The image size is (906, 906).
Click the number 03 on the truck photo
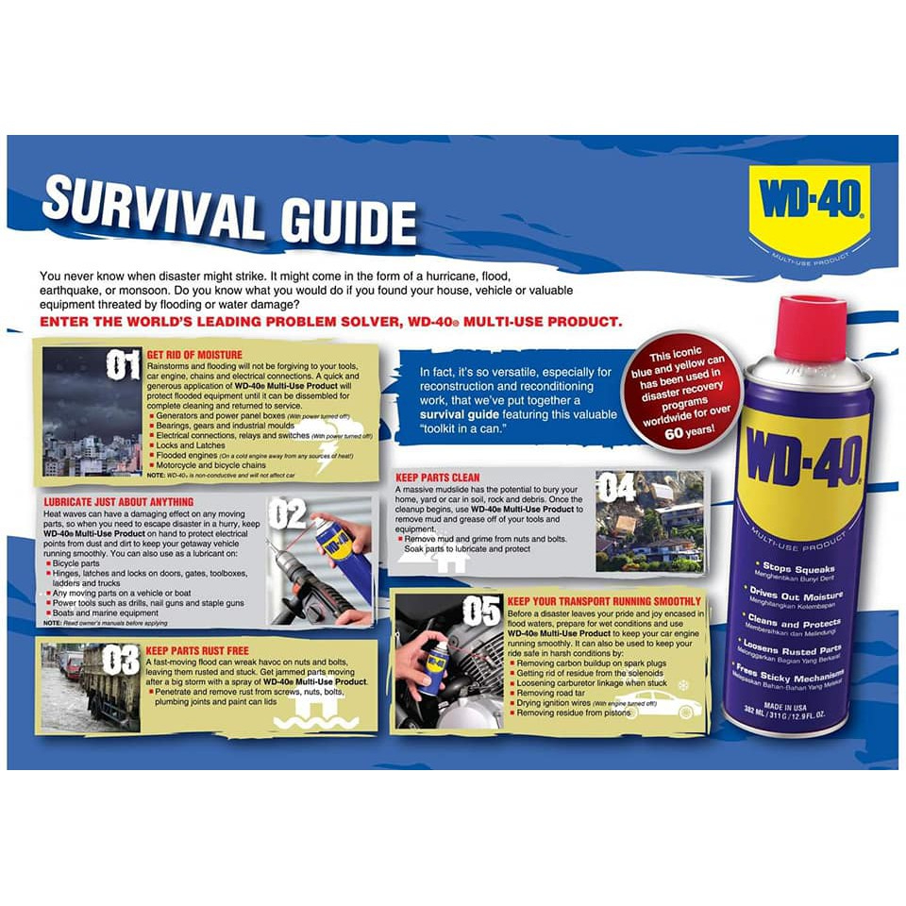click(x=121, y=660)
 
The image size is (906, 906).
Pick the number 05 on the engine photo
click(x=480, y=611)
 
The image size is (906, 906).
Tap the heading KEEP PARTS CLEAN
click(x=438, y=478)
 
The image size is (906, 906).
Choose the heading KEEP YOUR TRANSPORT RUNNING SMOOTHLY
click(x=603, y=601)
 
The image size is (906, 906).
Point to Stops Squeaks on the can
click(x=798, y=569)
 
